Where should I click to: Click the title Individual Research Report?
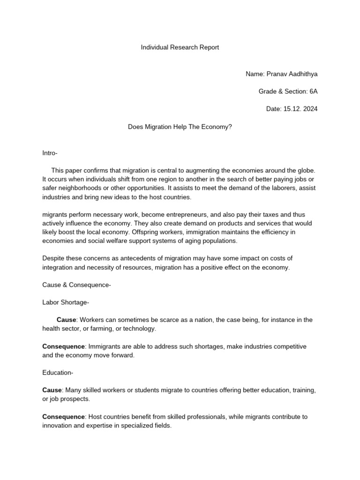tap(180, 47)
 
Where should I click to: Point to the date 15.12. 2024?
tap(300, 109)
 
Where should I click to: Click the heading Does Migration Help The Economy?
tap(180, 127)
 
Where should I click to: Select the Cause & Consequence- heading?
tap(76, 285)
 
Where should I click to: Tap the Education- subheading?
tap(58, 373)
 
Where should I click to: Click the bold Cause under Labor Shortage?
tap(66, 320)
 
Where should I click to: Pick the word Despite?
tap(53, 258)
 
